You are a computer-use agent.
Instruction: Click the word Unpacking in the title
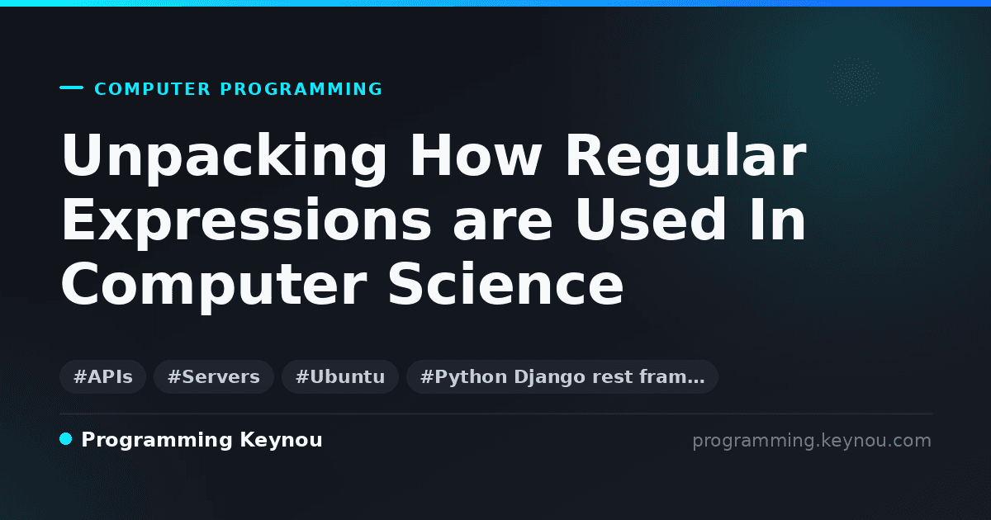225,158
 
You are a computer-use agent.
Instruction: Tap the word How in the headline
476,155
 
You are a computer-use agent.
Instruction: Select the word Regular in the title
686,158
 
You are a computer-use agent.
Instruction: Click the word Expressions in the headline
246,223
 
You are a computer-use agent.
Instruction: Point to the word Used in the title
651,219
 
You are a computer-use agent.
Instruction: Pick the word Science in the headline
505,283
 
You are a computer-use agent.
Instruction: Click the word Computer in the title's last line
214,286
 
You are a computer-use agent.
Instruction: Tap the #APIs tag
103,376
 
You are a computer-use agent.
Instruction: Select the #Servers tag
214,376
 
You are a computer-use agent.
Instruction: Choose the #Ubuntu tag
340,376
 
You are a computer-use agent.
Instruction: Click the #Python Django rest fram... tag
562,376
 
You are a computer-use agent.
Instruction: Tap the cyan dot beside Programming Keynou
66,439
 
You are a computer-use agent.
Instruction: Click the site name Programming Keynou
202,440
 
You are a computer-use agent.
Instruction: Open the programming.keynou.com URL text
812,441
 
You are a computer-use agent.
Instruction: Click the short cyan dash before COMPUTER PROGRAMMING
71,87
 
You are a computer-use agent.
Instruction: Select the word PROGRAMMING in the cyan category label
301,89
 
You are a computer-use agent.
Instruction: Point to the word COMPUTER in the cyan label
153,89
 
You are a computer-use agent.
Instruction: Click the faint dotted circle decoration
853,82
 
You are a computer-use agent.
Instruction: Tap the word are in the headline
503,225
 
